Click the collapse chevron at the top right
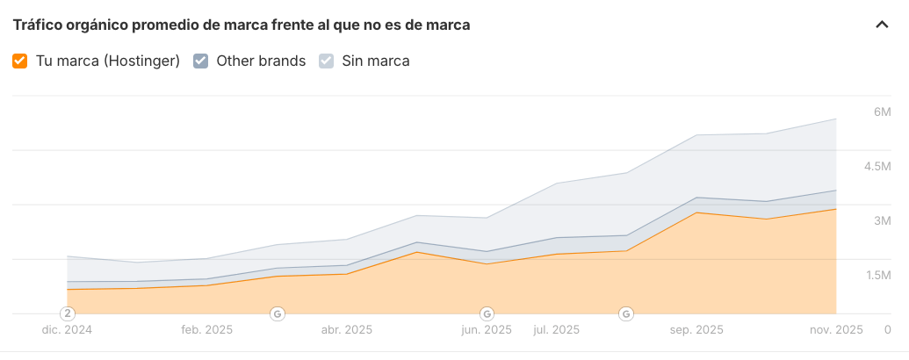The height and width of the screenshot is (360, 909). coord(882,25)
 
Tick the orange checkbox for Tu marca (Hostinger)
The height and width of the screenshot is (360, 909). coord(20,61)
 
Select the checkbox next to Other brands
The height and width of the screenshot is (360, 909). coord(200,61)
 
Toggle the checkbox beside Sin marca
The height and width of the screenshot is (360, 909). coord(326,61)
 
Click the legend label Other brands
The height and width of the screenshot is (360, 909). coord(261,61)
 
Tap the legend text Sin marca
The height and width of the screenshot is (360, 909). coord(375,61)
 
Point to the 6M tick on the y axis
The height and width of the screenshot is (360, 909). coord(882,112)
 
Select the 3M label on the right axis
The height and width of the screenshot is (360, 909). coord(882,221)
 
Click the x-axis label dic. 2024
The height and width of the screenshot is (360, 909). coord(68,330)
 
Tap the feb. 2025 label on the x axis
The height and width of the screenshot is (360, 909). coord(206,330)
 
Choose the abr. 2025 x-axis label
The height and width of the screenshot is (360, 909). coord(346,330)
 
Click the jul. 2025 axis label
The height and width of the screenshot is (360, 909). coord(557,330)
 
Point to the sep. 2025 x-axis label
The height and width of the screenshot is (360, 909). coord(696,330)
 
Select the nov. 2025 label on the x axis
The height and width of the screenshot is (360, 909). coord(835,330)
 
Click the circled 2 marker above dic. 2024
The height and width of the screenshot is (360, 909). coord(68,313)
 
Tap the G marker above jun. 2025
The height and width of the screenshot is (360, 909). coord(487,313)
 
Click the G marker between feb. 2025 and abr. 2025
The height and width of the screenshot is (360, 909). coord(277,313)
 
